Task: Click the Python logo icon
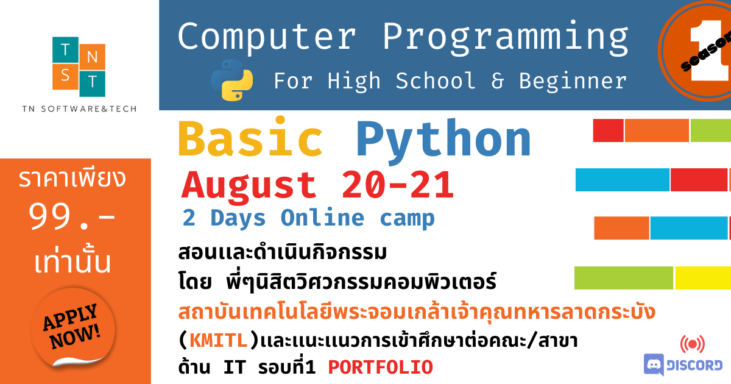coord(232,80)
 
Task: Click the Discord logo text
coord(694,365)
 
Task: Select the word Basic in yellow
coord(250,138)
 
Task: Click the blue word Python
coord(444,141)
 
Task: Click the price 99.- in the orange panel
coord(72,216)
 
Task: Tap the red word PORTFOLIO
coord(381,367)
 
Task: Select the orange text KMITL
coord(218,340)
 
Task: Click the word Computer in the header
coord(267,37)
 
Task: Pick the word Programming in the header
coord(506,38)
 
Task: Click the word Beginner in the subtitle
coord(573,81)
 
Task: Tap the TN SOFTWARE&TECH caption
coord(79,108)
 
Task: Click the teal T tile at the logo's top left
coord(65,49)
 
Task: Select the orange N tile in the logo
coord(93,57)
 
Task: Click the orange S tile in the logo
coord(65,76)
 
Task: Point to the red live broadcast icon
coord(693,344)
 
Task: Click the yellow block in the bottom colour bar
coord(703,278)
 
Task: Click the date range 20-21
coord(397,185)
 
